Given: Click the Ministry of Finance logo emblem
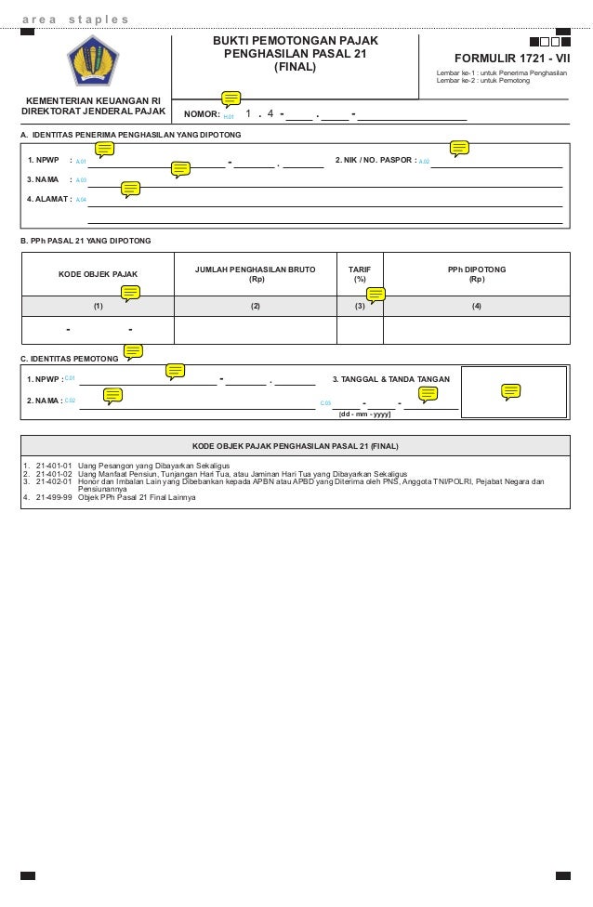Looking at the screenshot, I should click(x=93, y=60).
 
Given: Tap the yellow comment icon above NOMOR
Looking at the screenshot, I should click(x=231, y=99).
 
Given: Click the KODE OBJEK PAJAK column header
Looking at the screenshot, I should click(x=98, y=274).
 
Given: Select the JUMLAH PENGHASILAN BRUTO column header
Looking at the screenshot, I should click(x=255, y=273).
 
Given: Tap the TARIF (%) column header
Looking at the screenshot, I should click(x=359, y=273).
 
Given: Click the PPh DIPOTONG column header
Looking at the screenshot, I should click(x=476, y=273).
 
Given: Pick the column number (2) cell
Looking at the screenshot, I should click(x=255, y=306).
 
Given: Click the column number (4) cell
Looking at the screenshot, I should click(x=476, y=306).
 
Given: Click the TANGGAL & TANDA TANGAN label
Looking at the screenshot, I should click(x=390, y=379).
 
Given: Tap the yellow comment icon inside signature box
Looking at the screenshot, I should click(x=510, y=391).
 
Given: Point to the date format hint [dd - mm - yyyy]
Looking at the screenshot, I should click(x=365, y=414).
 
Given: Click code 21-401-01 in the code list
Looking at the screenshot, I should click(x=54, y=465).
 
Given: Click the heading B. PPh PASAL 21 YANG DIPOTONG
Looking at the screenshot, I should click(x=86, y=241).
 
